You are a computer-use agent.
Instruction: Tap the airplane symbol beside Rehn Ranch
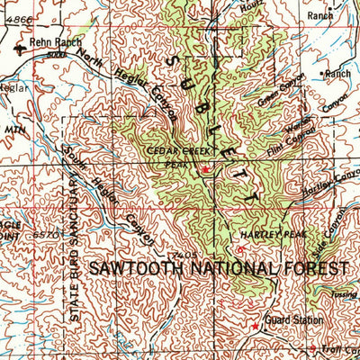pyautogui.click(x=20, y=48)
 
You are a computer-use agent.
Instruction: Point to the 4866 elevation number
pyautogui.click(x=16, y=17)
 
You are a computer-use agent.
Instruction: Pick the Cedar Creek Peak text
pyautogui.click(x=183, y=156)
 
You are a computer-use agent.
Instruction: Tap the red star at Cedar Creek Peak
pyautogui.click(x=204, y=169)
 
